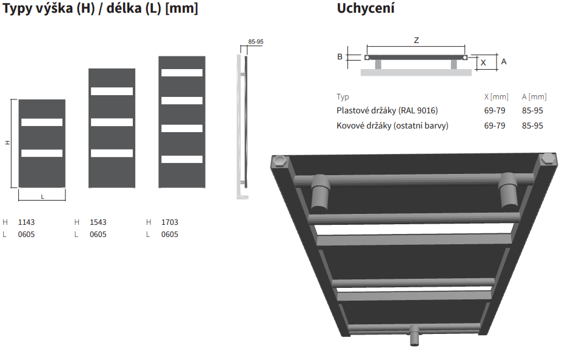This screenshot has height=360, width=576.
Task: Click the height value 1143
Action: [x=27, y=222]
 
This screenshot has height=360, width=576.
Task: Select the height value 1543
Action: [x=98, y=222]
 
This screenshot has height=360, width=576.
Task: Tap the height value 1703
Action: [x=170, y=222]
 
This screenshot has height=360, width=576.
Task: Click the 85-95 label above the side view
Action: [x=256, y=41]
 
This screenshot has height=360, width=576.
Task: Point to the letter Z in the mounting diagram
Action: [x=416, y=41]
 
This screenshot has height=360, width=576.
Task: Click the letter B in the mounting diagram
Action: [x=340, y=56]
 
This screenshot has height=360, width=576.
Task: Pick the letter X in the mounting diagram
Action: [x=483, y=63]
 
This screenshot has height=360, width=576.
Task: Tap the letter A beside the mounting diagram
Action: [x=504, y=62]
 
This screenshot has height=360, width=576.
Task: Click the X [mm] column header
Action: [x=497, y=96]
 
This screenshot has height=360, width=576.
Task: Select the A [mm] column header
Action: [x=534, y=96]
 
